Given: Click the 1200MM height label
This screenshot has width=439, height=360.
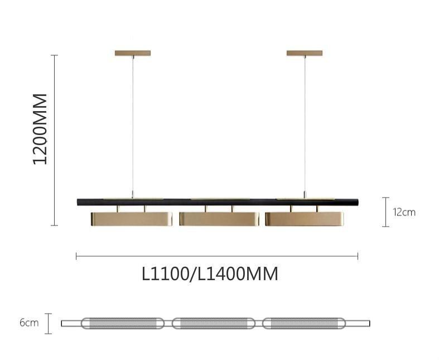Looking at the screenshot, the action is pyautogui.click(x=40, y=129).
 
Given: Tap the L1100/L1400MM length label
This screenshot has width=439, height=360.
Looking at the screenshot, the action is pyautogui.click(x=210, y=273).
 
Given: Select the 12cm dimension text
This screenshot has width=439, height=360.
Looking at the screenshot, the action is pyautogui.click(x=404, y=212).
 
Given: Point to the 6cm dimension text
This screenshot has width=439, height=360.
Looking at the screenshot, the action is pyautogui.click(x=29, y=323).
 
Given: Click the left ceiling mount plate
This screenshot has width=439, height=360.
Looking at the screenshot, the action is pyautogui.click(x=133, y=53).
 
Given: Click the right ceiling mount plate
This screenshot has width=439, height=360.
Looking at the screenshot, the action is pyautogui.click(x=305, y=53).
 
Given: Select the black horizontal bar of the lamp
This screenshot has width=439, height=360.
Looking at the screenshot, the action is pyautogui.click(x=218, y=202).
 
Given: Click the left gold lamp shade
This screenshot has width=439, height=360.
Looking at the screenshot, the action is pyautogui.click(x=131, y=219).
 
